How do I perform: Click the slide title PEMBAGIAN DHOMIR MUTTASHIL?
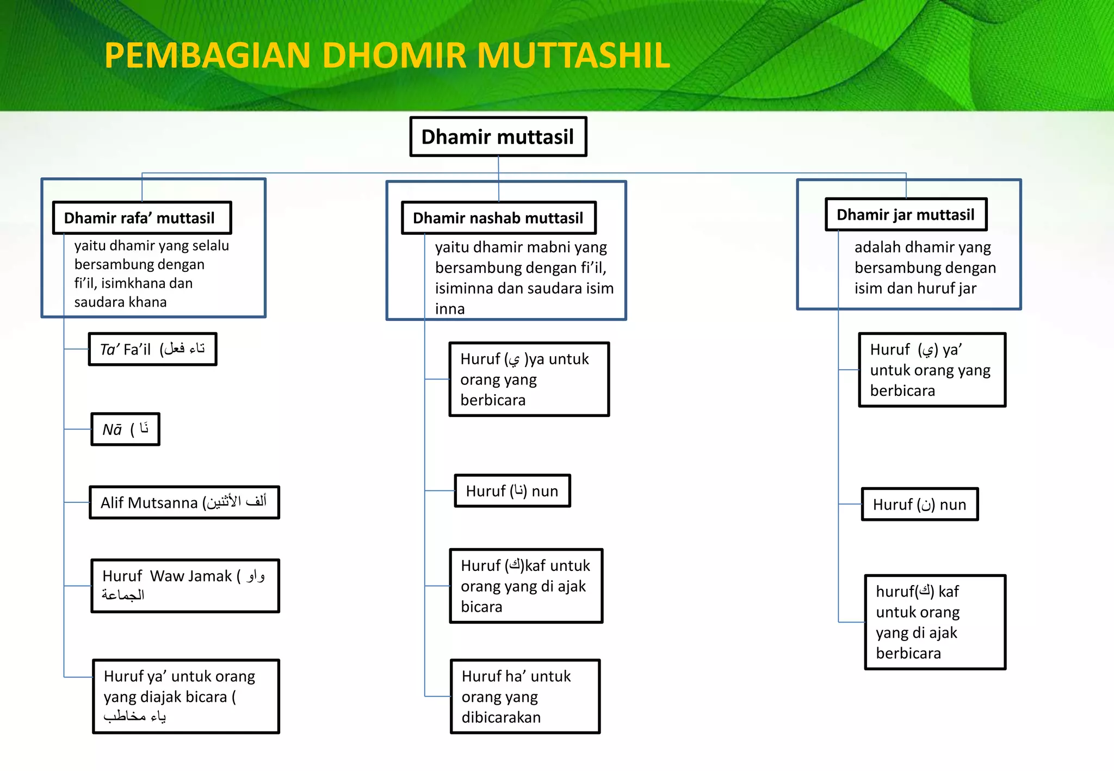(x=387, y=55)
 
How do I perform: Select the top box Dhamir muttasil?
(x=498, y=137)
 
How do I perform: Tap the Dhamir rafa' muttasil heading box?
(x=141, y=218)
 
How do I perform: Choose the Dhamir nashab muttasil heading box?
(x=498, y=218)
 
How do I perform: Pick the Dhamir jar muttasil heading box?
(x=906, y=215)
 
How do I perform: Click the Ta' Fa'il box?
(x=152, y=349)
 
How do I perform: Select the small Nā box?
(x=125, y=430)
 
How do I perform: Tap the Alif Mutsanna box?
(x=184, y=502)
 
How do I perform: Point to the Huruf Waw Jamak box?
(x=185, y=586)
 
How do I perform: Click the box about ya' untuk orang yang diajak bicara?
(x=185, y=697)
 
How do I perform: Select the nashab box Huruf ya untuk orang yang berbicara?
(x=529, y=380)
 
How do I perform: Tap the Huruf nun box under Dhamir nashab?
(x=512, y=491)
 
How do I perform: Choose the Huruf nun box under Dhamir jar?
(x=920, y=505)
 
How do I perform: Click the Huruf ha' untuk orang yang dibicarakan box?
(x=525, y=697)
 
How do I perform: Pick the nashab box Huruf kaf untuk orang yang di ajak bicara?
(x=526, y=586)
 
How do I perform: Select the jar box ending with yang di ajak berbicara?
(x=935, y=622)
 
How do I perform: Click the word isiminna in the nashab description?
(x=463, y=288)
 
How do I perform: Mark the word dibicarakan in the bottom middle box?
(x=501, y=718)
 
